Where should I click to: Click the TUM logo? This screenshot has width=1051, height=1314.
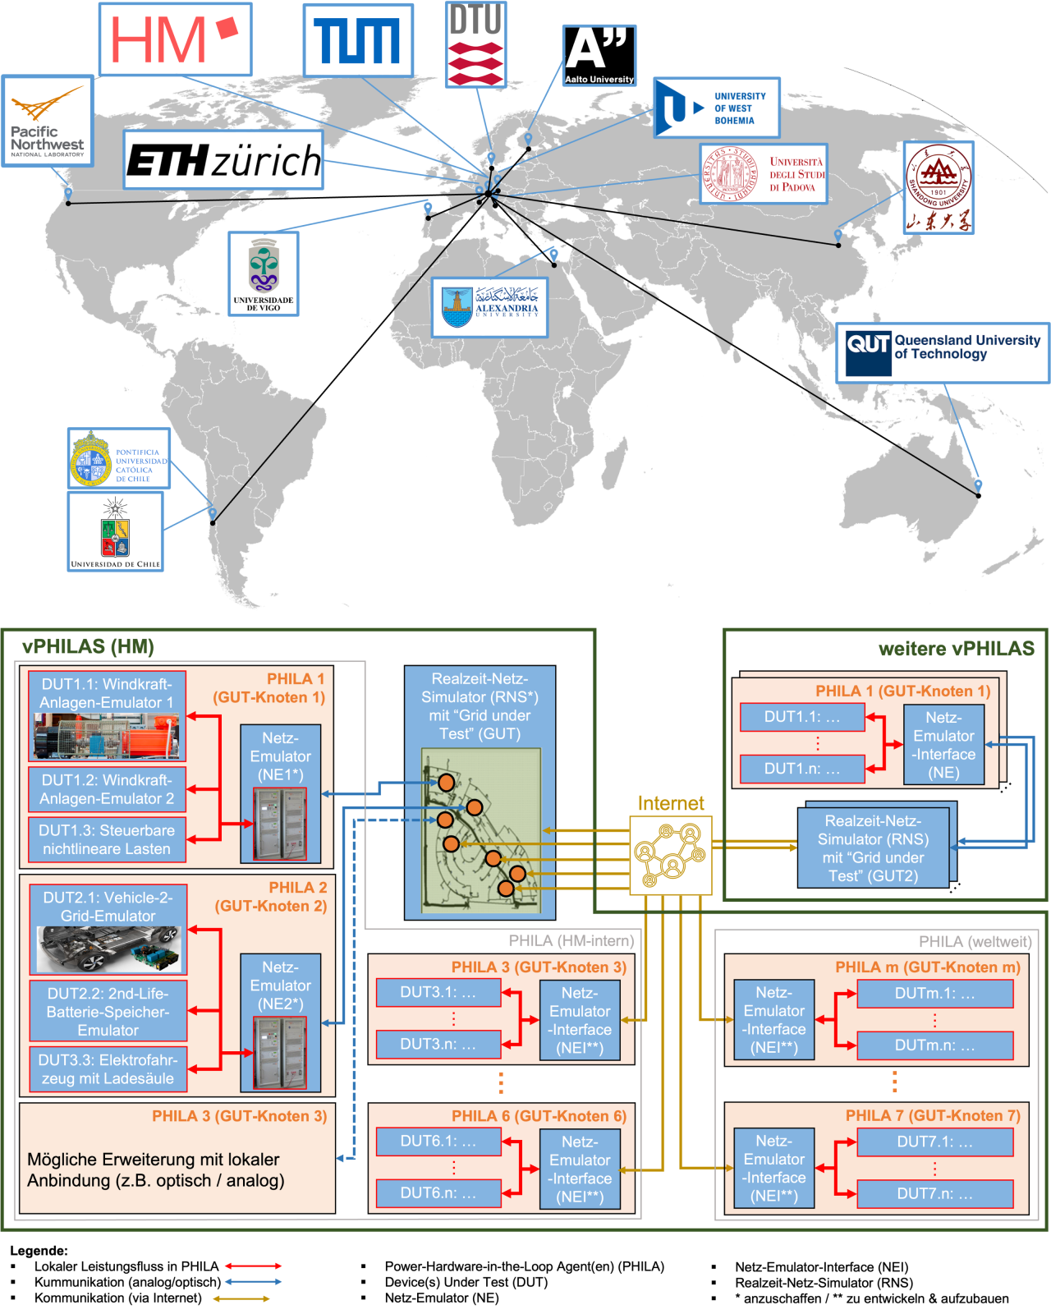(x=357, y=41)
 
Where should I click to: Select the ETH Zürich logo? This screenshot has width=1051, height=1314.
(x=223, y=160)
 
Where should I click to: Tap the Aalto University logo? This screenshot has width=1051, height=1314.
(x=599, y=55)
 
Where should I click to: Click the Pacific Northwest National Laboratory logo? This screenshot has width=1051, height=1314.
(x=48, y=121)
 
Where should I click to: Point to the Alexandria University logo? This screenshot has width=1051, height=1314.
(x=490, y=307)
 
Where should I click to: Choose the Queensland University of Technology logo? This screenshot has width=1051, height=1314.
(x=943, y=353)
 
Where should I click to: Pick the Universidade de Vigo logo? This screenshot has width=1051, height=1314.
(x=264, y=273)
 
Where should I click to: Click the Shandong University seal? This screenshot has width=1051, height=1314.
(x=939, y=187)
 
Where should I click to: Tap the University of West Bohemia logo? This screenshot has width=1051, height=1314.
(x=716, y=108)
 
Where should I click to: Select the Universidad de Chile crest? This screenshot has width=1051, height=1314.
(x=115, y=531)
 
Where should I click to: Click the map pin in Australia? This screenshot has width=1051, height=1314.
(x=978, y=487)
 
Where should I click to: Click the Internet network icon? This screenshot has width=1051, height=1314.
(x=670, y=855)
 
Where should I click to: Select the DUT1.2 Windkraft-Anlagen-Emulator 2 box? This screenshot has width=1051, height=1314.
(x=107, y=789)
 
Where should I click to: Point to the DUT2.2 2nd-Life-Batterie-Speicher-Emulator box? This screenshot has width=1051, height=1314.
(x=108, y=1011)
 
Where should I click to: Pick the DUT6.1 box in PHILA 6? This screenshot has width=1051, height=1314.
(x=438, y=1141)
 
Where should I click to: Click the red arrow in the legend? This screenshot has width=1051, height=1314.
(x=253, y=1266)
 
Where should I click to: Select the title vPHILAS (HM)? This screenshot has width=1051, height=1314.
(x=89, y=647)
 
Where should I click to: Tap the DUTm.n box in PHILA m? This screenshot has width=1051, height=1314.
(x=934, y=1045)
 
